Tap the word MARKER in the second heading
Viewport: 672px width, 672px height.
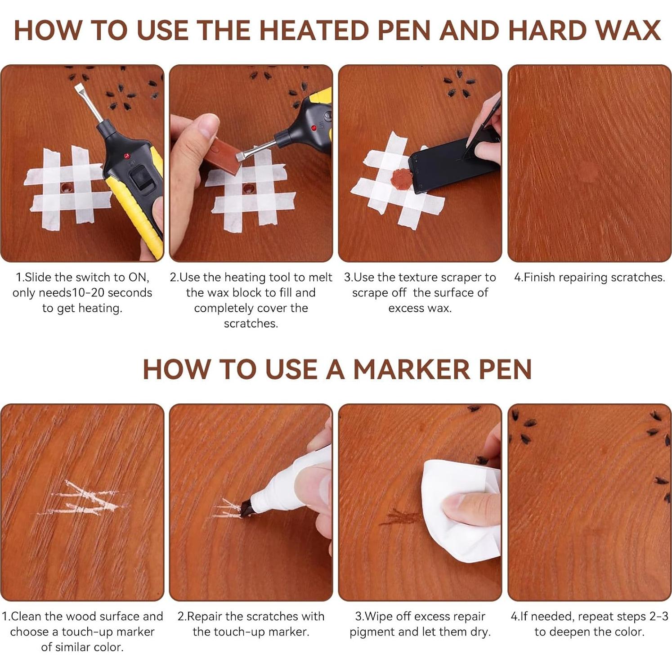412,369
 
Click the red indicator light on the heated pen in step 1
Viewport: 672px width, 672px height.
127,156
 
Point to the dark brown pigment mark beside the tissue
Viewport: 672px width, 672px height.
400,517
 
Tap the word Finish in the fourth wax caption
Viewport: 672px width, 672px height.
539,278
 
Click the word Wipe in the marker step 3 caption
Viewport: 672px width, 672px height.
377,617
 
